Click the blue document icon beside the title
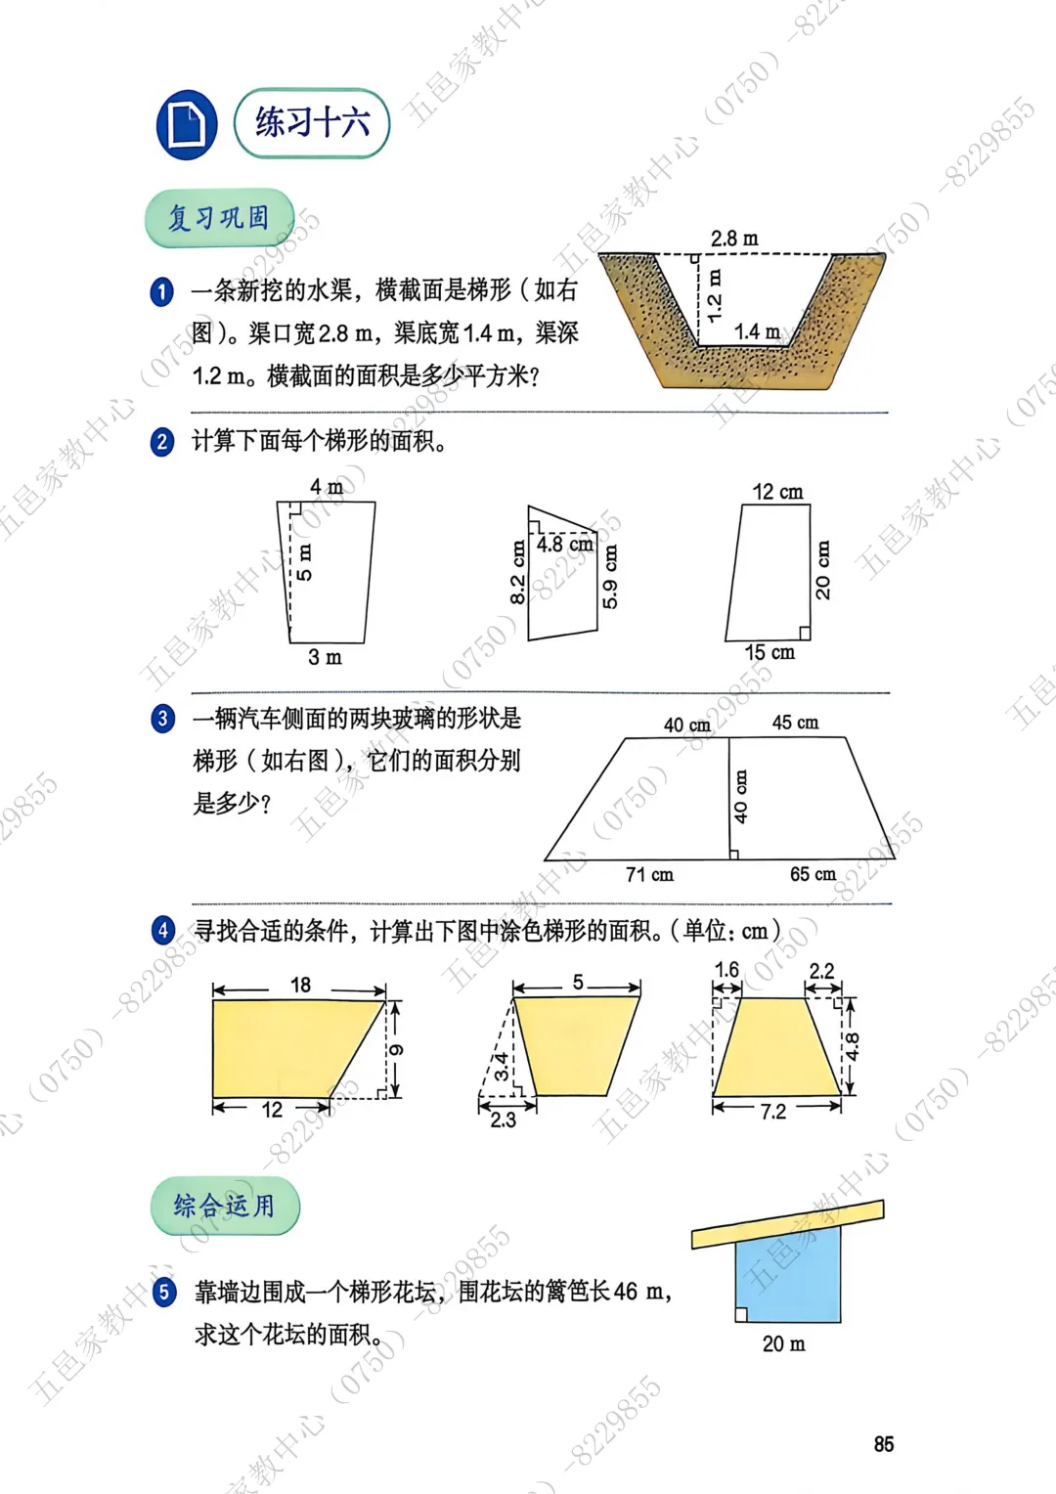point(187,125)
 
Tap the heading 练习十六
point(312,123)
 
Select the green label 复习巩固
point(219,218)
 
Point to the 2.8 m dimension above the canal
point(733,239)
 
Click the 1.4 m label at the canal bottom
point(757,331)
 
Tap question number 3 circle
point(162,719)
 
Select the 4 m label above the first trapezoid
point(327,487)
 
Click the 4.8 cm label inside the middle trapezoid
point(565,545)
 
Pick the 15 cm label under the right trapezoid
point(770,652)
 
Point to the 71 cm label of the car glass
point(650,874)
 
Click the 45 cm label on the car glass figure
point(795,723)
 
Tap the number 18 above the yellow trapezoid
point(301,985)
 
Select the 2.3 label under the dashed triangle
point(503,1120)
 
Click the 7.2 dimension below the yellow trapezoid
point(773,1112)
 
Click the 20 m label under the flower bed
point(784,1344)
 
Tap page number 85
point(884,1444)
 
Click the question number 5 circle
point(164,1293)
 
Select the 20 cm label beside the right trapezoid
point(823,570)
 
